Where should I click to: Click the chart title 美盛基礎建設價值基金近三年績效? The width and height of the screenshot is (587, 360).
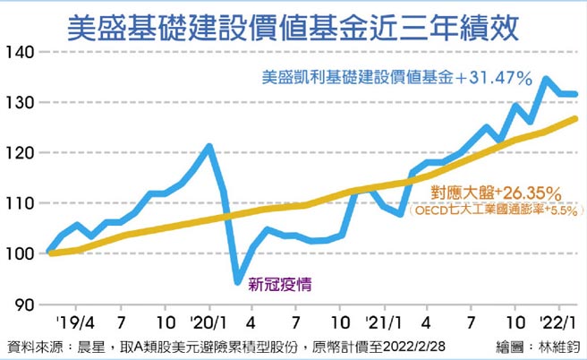pos(293,24)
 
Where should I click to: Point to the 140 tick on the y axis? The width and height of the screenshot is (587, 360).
pos(20,53)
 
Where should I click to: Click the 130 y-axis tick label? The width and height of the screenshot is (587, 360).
pos(20,103)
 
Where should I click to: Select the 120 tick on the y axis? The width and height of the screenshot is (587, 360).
pos(20,153)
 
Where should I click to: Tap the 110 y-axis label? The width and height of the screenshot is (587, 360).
pos(20,203)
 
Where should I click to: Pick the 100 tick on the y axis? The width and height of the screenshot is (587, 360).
pos(20,253)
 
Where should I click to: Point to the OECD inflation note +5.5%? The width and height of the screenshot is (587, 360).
pos(495,211)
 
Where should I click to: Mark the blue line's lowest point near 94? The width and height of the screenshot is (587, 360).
pos(237,282)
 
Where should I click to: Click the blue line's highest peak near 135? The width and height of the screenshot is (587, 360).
pos(546,79)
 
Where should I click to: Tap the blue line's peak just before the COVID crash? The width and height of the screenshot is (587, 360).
pos(208,145)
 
